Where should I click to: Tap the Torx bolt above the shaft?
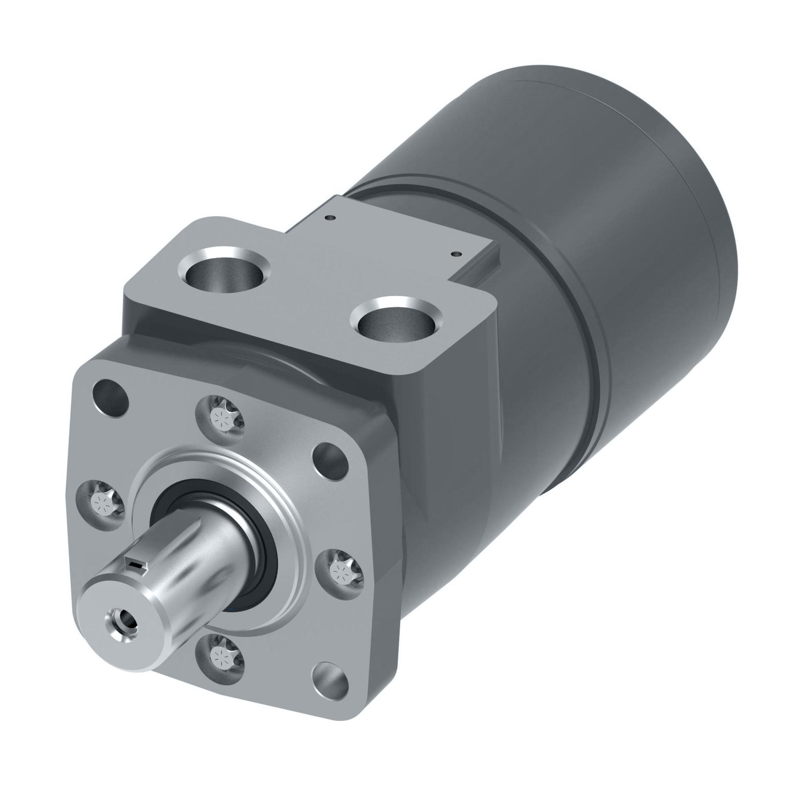[220, 416]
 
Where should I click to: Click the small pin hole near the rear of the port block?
[330, 217]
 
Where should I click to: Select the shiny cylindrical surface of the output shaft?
[200, 572]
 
